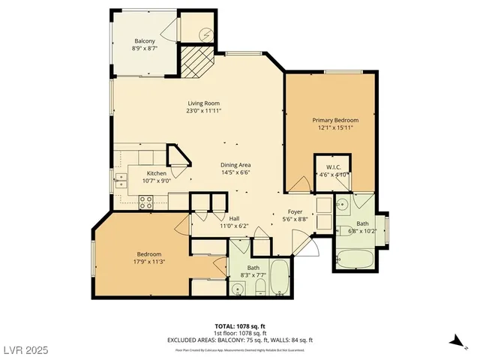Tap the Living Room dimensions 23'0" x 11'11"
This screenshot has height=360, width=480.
coord(204,111)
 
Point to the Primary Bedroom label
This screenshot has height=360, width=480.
coord(335,120)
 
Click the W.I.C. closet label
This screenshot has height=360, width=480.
coord(333,167)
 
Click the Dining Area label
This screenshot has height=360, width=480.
coord(235,165)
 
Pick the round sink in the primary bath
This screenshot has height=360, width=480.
coord(342,202)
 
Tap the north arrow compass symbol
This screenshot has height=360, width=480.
coord(453,341)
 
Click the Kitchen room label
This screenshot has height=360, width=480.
coord(157,172)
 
